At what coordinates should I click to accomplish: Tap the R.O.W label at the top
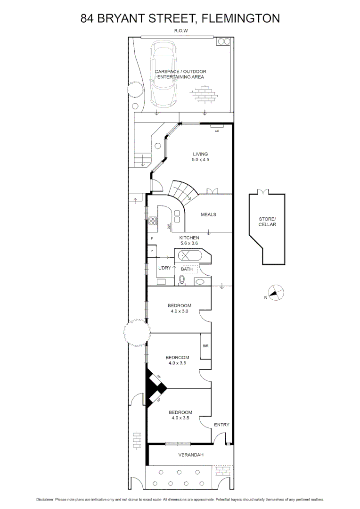pos(180,32)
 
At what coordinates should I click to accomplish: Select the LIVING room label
pos(200,154)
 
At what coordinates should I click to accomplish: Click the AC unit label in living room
pos(217,131)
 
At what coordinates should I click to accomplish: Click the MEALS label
pos(208,214)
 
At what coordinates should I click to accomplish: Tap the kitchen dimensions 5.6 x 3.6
pos(189,243)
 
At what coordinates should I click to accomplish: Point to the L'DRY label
pos(164,268)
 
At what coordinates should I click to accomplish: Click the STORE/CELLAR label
pos(267,222)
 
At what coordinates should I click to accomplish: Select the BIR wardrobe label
pos(205,346)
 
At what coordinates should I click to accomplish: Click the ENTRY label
pos(221,425)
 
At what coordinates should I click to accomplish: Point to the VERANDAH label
pos(191,455)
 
